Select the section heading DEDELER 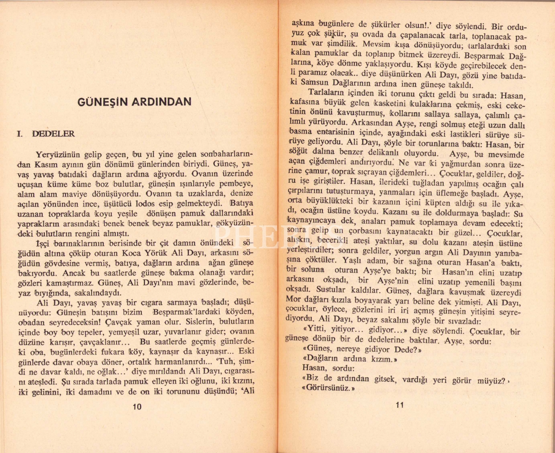[53, 134]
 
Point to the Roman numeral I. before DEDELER [20, 134]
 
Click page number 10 [137, 407]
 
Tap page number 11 [400, 405]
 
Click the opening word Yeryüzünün [58, 155]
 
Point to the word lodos [145, 204]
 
